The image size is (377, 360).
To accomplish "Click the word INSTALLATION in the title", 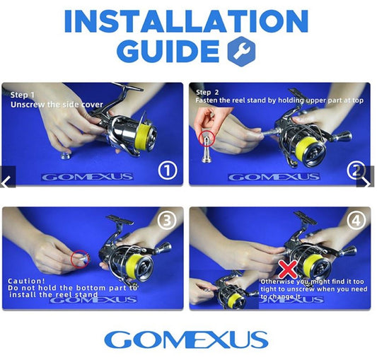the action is coord(186,21).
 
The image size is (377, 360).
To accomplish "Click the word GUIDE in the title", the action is coord(168,51).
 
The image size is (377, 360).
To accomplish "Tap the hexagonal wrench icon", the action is coord(241,52).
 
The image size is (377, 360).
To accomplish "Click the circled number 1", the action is coord(168,170).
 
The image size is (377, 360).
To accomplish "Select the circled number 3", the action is coord(167,220).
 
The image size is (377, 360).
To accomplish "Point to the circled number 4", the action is coord(356,220).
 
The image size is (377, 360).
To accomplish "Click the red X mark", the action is coord(288,269).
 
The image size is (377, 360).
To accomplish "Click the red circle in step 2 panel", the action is coord(207,139).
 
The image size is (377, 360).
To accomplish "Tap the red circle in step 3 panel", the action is coord(80,259).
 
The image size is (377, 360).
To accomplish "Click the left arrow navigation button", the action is coord(8,177).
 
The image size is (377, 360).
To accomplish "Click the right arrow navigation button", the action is coord(366,177).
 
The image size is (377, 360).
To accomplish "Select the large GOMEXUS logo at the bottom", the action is coord(186,339).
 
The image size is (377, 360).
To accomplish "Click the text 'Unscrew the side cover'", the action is coord(57,105).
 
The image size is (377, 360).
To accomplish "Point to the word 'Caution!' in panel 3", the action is coord(26,281).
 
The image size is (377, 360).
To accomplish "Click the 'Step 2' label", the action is coord(207,93).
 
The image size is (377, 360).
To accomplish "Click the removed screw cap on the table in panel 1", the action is coord(66,156).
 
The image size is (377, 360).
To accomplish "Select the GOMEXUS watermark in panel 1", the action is coord(87,178).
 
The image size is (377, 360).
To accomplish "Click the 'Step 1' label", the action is coord(23,95).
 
